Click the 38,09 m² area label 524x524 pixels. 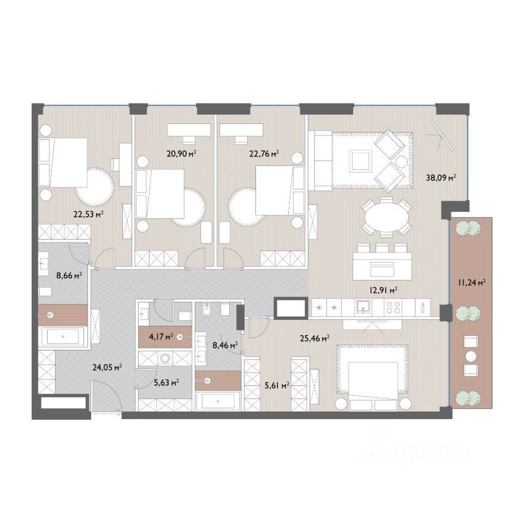pyautogui.click(x=441, y=177)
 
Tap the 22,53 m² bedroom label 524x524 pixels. pyautogui.click(x=88, y=214)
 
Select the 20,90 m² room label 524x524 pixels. pyautogui.click(x=181, y=154)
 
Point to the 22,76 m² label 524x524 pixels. pyautogui.click(x=264, y=154)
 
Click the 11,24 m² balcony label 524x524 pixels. pyautogui.click(x=472, y=283)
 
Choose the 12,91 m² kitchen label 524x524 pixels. pyautogui.click(x=383, y=291)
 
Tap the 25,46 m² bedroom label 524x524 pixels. pyautogui.click(x=315, y=339)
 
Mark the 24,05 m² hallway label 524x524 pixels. pyautogui.click(x=107, y=367)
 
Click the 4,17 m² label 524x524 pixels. pyautogui.click(x=161, y=336)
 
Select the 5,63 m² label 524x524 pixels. pyautogui.click(x=166, y=383)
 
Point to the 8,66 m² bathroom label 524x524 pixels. pyautogui.click(x=69, y=276)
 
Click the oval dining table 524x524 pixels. pyautogui.click(x=386, y=217)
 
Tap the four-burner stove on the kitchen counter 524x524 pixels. pyautogui.click(x=393, y=307)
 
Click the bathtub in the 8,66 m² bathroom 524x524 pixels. pyautogui.click(x=63, y=337)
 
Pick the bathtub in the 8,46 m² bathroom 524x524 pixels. pyautogui.click(x=218, y=401)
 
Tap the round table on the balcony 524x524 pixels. pyautogui.click(x=471, y=356)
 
